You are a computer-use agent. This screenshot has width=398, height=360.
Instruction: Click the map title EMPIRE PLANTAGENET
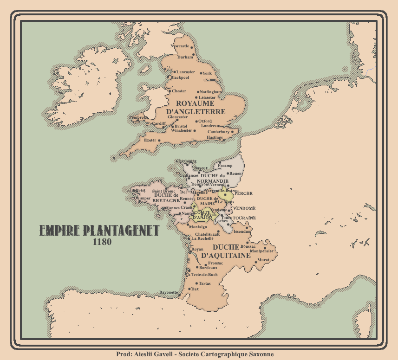point(99,231)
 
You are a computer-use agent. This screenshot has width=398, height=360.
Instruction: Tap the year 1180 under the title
point(102,242)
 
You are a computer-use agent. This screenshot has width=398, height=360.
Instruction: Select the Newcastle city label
point(180,46)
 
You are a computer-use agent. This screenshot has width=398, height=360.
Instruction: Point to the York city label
point(207,73)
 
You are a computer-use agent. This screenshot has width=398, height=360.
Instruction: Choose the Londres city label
point(209,126)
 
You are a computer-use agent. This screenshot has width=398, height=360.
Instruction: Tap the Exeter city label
point(150,140)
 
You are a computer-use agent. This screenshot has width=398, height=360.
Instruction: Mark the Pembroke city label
point(139,118)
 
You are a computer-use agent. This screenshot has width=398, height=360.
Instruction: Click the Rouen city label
point(235,174)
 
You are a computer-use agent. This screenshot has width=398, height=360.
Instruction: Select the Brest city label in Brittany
point(141,190)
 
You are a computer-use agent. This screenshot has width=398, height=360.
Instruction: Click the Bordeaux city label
point(209,268)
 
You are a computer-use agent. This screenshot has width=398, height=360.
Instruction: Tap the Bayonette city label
point(168,292)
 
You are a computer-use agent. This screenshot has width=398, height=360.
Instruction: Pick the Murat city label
point(263,260)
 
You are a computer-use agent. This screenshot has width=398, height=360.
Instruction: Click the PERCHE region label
point(244,193)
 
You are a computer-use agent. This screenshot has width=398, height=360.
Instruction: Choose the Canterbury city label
point(218,132)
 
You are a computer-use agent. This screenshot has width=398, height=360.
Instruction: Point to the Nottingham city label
point(211,92)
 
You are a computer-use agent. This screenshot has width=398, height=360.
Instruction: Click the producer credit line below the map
point(198,354)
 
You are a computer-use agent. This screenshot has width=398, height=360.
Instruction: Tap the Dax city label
point(195,289)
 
